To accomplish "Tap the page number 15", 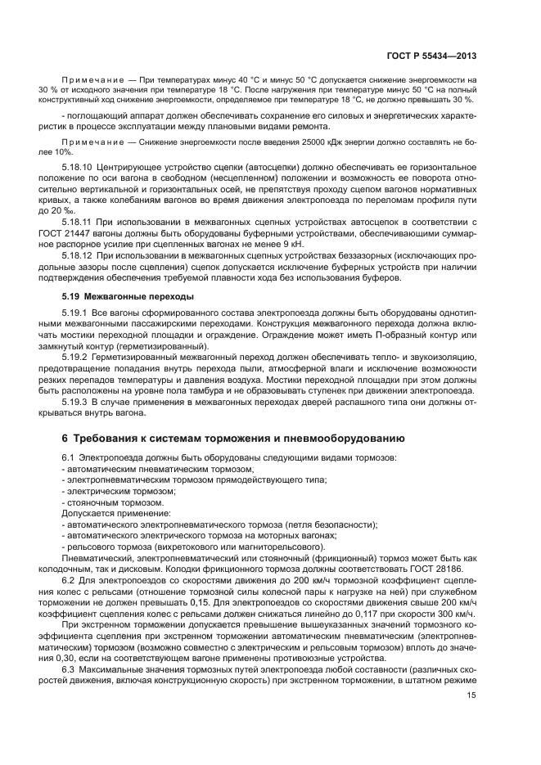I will pyautogui.click(x=471, y=695).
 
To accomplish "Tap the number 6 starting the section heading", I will pyautogui.click(x=66, y=439).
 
